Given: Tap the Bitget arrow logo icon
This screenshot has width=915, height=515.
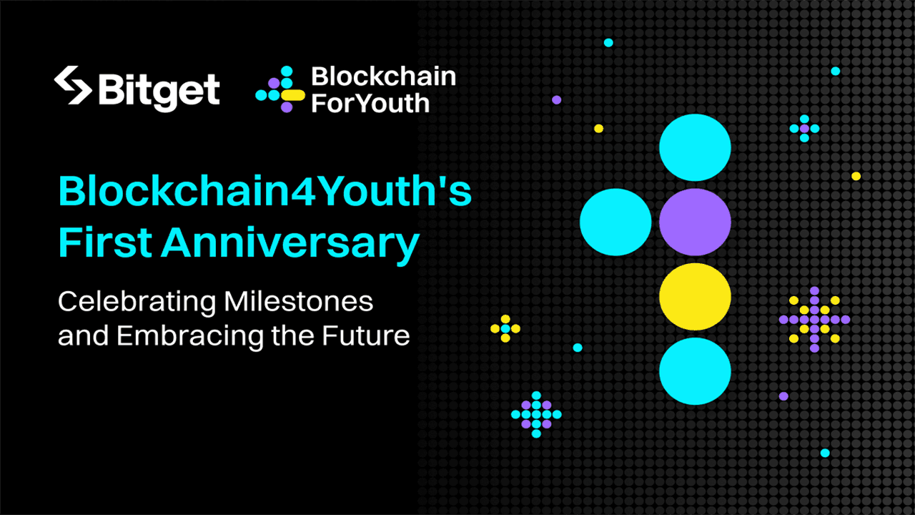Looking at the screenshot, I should point(73,86).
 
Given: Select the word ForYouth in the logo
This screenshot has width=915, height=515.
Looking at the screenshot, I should point(370,102).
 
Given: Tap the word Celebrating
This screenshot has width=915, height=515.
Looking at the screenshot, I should point(136,302).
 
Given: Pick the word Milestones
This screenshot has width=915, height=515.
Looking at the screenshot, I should point(299,301).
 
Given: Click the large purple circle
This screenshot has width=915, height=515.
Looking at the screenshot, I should point(695,222).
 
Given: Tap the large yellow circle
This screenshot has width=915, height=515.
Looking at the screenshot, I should point(695,296).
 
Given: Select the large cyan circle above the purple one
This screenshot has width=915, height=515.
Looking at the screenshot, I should point(695,147).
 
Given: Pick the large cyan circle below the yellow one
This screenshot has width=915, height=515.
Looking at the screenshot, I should point(695,371).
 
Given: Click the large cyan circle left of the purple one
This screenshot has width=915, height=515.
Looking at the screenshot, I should point(615,222).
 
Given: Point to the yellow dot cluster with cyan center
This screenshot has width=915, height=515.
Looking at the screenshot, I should point(505,328).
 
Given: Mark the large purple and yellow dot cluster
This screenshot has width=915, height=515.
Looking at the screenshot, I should point(814,319).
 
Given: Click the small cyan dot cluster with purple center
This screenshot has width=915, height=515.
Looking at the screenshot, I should point(804,129).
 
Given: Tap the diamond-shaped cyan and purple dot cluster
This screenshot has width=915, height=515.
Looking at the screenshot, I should point(536,414).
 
